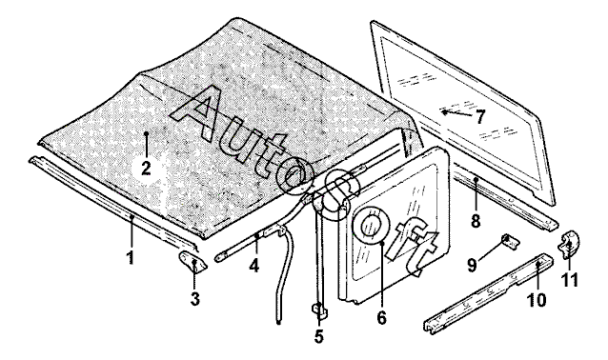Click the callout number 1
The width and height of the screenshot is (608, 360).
click(132, 258)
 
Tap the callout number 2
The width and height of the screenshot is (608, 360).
click(146, 169)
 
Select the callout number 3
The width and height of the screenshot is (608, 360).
click(195, 299)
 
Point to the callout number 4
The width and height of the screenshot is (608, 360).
click(254, 266)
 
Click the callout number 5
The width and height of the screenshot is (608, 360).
click(318, 337)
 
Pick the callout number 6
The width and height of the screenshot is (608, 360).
click(381, 318)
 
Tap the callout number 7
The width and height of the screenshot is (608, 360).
click(480, 116)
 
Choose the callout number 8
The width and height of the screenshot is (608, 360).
click(476, 221)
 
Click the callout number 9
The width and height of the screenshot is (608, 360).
click(472, 266)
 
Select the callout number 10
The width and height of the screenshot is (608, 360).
click(537, 300)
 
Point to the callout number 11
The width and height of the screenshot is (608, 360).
click(571, 280)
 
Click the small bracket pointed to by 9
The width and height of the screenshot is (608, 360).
click(510, 241)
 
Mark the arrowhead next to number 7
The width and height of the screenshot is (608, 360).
click(445, 112)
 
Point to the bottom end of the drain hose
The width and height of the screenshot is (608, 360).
click(278, 322)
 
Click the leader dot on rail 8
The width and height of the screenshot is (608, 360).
click(476, 179)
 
